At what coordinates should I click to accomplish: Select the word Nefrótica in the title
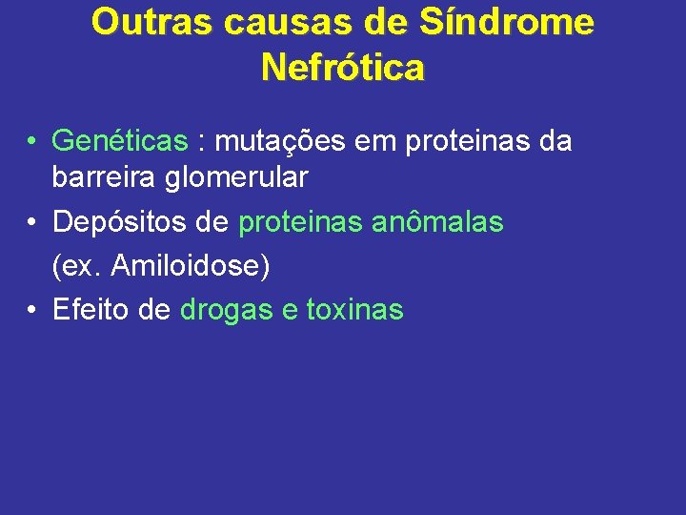(x=343, y=68)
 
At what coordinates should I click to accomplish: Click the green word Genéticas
(x=120, y=142)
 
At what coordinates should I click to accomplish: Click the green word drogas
(x=225, y=310)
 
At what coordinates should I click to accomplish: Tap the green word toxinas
(x=354, y=310)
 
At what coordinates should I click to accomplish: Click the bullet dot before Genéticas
(x=32, y=142)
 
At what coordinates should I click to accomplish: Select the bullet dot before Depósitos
(x=32, y=222)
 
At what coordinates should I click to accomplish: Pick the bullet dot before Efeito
(x=32, y=310)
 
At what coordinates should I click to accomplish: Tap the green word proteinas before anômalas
(x=299, y=222)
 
